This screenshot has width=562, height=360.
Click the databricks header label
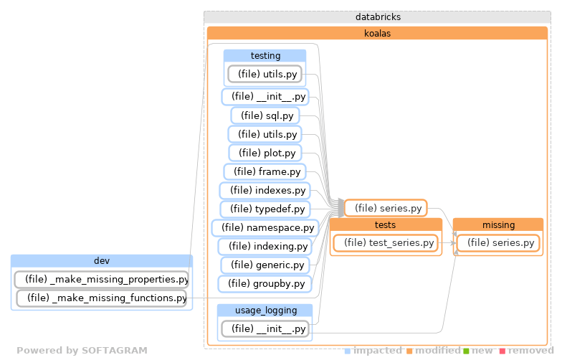click(377, 16)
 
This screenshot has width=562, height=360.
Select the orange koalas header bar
click(377, 33)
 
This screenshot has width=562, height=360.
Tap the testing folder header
click(265, 55)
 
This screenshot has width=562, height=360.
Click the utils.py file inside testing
click(265, 74)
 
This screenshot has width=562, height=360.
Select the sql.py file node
click(265, 115)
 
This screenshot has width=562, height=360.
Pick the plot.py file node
click(265, 153)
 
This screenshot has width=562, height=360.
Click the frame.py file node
click(265, 171)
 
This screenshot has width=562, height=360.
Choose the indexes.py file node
click(265, 190)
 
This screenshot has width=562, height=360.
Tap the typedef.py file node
click(265, 209)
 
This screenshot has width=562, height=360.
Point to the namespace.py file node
click(265, 227)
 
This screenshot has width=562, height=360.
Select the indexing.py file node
click(265, 246)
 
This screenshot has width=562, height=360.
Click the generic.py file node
click(265, 265)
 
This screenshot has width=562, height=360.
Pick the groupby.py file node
click(265, 283)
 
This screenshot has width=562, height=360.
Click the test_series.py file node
click(385, 243)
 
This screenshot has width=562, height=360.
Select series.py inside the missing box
click(498, 243)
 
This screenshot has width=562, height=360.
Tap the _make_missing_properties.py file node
click(102, 279)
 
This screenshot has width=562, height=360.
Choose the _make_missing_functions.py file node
click(102, 298)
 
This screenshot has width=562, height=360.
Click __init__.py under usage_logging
click(265, 329)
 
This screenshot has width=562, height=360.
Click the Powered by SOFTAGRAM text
click(82, 351)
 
